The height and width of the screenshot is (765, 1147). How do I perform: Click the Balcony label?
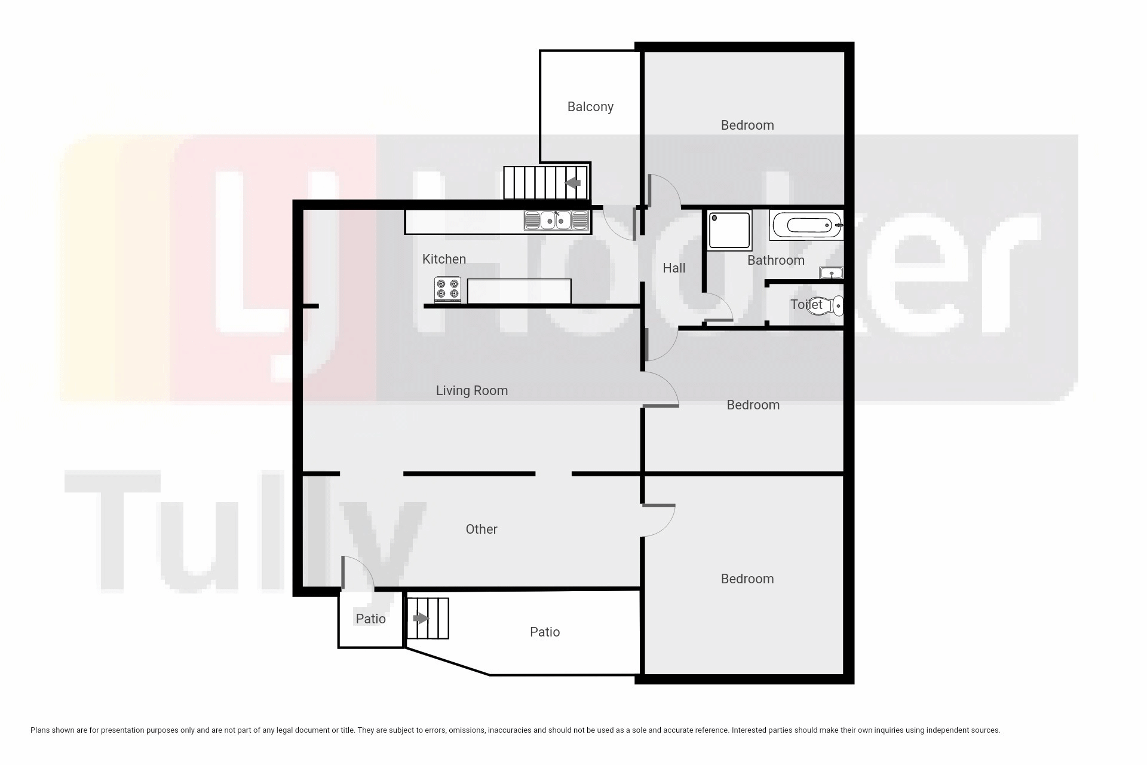(590, 107)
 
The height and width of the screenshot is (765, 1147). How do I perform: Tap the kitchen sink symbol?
(556, 221)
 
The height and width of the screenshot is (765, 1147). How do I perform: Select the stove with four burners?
(447, 290)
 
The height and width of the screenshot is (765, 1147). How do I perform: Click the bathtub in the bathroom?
(806, 225)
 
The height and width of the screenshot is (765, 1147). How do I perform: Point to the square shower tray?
(729, 230)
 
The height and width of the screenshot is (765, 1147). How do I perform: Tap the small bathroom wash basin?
(831, 273)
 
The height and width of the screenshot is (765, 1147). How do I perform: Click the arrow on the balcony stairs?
(573, 183)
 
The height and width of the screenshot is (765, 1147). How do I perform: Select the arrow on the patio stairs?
(421, 619)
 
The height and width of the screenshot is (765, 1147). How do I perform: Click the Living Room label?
(472, 391)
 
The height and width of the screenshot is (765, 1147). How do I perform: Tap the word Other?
(482, 530)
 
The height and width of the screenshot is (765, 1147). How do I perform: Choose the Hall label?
(674, 268)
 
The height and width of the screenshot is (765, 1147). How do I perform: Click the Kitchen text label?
(444, 259)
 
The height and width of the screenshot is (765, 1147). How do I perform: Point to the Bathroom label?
(776, 261)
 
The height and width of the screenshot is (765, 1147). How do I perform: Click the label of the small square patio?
(370, 619)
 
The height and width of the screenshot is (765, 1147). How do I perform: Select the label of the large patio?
(545, 632)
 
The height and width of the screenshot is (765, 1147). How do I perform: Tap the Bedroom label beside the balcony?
(747, 126)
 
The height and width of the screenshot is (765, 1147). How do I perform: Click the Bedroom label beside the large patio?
(747, 579)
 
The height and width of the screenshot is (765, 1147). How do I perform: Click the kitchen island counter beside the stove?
(519, 291)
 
